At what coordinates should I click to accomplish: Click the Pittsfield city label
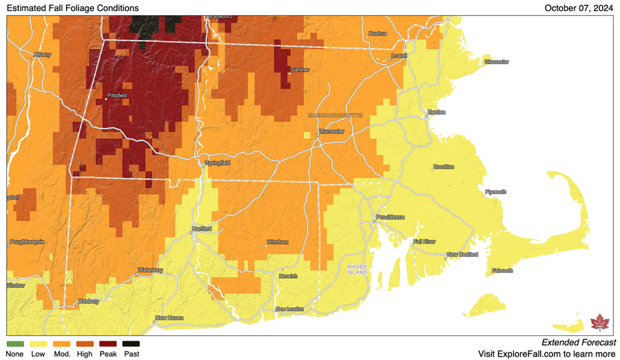[117, 95]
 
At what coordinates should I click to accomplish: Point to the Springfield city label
[216, 162]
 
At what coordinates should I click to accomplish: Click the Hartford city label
[201, 228]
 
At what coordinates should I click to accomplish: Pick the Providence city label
[389, 218]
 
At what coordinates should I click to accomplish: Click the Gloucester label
[496, 62]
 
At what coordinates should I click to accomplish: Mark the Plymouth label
[495, 192]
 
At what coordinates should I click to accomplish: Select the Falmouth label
[502, 271]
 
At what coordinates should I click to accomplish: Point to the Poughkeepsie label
[28, 242]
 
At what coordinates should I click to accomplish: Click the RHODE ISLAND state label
[358, 269]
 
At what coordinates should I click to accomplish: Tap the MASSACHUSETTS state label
[335, 115]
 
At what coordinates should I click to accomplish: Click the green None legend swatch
[14, 343]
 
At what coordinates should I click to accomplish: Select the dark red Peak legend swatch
[107, 343]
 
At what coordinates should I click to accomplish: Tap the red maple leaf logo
[599, 323]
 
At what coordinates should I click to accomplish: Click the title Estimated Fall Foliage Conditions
[72, 8]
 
